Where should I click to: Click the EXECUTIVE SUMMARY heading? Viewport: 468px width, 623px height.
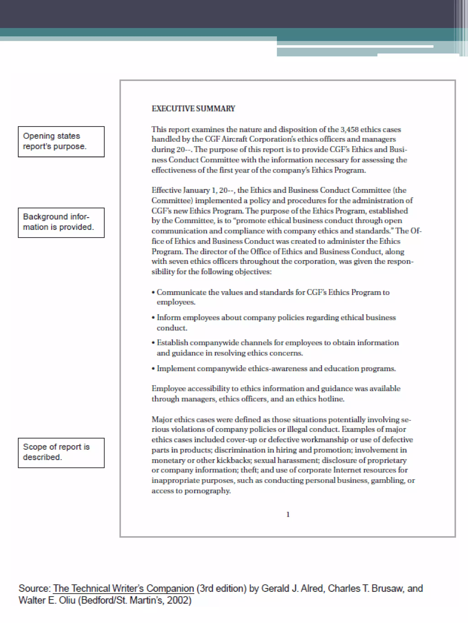pos(193,109)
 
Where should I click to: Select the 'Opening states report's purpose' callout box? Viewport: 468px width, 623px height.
pos(61,141)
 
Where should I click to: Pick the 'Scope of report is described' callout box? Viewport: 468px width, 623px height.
pos(61,453)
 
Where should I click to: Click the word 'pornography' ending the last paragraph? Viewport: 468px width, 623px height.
pos(207,491)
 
